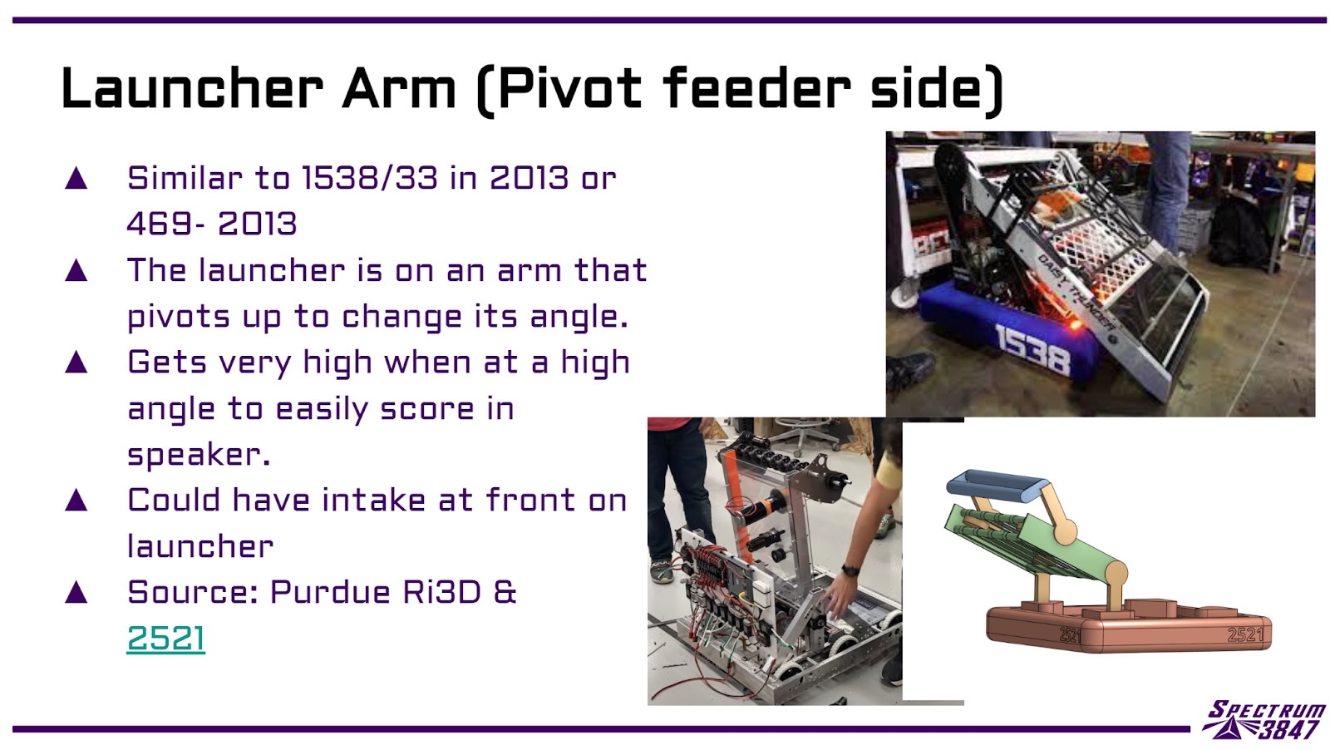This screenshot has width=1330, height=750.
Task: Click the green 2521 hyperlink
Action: pyautogui.click(x=165, y=639)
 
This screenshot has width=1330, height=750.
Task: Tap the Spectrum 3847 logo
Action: pyautogui.click(x=1264, y=720)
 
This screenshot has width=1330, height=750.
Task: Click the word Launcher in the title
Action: pyautogui.click(x=192, y=88)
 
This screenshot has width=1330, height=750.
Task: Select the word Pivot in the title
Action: pyautogui.click(x=570, y=88)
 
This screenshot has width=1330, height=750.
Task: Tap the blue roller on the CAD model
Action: pyautogui.click(x=997, y=483)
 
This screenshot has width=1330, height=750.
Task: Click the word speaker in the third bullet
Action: pyautogui.click(x=199, y=456)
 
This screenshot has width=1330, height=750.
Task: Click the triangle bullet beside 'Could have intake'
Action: pyautogui.click(x=76, y=500)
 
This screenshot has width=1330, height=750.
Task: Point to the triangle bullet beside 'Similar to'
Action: pyautogui.click(x=76, y=178)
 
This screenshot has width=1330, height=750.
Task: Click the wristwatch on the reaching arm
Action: pyautogui.click(x=850, y=570)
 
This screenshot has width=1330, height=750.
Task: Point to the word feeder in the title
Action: pyautogui.click(x=756, y=88)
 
